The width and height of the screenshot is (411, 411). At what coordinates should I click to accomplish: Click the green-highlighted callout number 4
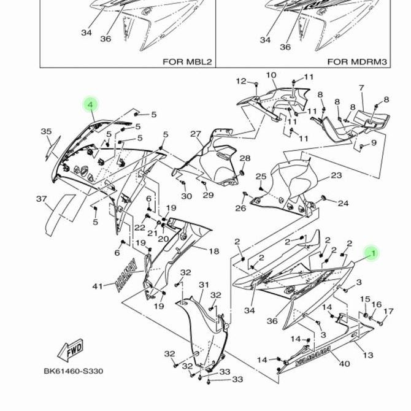point(91,106)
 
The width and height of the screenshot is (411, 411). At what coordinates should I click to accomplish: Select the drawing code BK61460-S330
point(73,371)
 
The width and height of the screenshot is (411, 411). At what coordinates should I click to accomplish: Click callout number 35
point(46,132)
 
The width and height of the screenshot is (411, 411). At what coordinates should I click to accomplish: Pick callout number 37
point(41,199)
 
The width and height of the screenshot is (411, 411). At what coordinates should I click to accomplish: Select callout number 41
point(98,286)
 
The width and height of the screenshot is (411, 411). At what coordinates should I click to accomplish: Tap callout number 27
point(195,134)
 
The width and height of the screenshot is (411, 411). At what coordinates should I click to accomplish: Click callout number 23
point(336,175)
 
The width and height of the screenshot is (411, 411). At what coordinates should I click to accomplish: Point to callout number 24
point(343,204)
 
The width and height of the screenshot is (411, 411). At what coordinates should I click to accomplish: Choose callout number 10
point(271,75)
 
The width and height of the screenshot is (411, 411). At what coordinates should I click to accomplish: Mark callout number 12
point(241,81)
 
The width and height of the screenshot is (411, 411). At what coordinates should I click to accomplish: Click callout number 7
point(361,88)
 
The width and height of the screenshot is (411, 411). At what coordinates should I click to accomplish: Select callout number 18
point(213,252)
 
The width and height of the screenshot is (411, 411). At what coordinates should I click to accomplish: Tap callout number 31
point(204,285)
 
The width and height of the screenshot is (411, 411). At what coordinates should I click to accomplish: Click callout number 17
point(388,312)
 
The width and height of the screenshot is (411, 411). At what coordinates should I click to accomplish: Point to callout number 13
point(367,355)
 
